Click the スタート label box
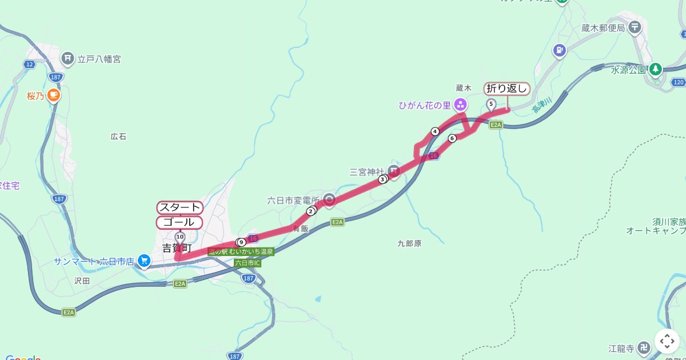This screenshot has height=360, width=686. click(180, 207)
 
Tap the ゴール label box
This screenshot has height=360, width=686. click(180, 222)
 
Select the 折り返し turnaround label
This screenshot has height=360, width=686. click(507, 89)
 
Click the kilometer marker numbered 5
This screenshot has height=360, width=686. click(491, 103)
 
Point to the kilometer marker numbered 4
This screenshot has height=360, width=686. click(435, 131)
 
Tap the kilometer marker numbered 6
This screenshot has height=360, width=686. click(452, 138)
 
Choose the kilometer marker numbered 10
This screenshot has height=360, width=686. click(180, 237)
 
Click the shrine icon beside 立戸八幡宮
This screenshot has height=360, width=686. click(68, 58)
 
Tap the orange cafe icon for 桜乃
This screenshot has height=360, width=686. click(54, 95)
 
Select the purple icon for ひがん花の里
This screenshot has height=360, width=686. click(461, 105)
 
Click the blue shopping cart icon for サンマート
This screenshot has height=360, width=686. click(145, 261)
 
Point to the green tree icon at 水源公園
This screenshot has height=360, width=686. click(656, 70)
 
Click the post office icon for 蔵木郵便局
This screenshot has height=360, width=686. click(635, 27)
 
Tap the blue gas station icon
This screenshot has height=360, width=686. click(559, 50)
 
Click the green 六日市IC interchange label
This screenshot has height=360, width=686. click(248, 263)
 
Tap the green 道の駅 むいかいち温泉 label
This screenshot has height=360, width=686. click(241, 251)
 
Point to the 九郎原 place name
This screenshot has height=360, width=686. click(409, 243)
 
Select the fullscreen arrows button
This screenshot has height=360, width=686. click(667, 341)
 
